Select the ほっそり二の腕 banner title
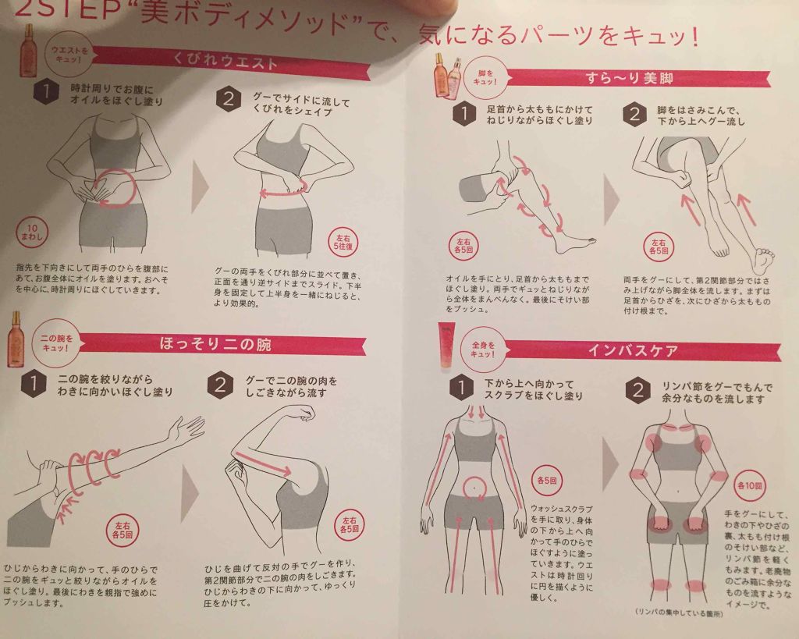click(225, 343)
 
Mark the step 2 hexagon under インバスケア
click(638, 390)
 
